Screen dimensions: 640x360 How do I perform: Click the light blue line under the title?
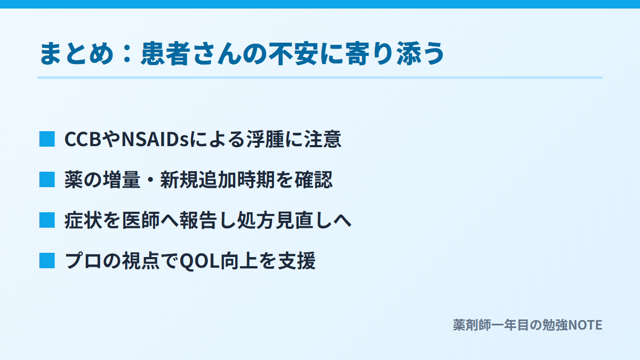coord(319,77)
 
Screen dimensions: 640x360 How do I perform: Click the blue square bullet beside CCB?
coord(47,139)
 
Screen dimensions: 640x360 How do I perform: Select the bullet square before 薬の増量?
coord(47,179)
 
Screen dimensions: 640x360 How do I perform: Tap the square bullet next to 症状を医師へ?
coord(47,220)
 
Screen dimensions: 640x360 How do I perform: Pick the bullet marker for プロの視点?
coord(47,261)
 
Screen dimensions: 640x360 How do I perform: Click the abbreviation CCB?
coord(83,139)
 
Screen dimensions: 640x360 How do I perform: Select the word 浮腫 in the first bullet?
coord(266,139)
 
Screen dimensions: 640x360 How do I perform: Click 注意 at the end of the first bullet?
coord(323,139)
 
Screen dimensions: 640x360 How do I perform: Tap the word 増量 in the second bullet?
coord(122,180)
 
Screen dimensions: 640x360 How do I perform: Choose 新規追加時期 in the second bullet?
coord(218,180)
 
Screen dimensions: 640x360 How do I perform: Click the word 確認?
coord(314,180)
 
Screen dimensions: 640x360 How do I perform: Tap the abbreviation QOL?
coord(199,261)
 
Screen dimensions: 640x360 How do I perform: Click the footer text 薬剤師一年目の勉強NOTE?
coord(527,325)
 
